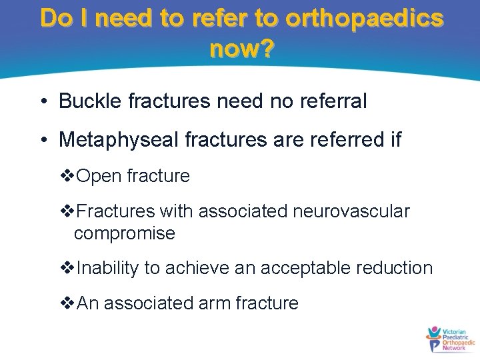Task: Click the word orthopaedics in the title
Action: [x=363, y=18]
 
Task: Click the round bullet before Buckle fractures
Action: [x=43, y=102]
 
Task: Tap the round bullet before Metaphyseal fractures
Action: [x=43, y=141]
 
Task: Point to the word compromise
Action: [x=125, y=233]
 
